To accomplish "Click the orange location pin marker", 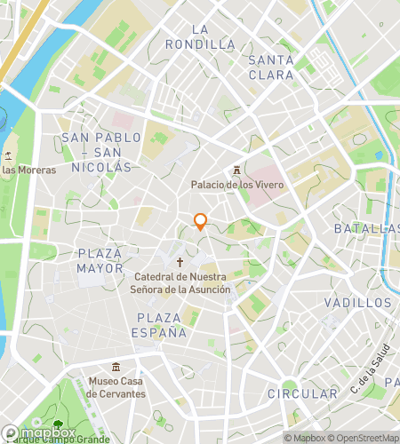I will (x=201, y=222).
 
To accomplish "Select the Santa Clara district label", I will (x=271, y=67).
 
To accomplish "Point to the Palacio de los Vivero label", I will (x=236, y=185).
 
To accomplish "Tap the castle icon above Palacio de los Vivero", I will (x=236, y=170).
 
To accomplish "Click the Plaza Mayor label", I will (x=100, y=260).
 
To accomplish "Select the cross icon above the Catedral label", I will (x=180, y=262).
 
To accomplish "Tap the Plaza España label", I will (x=162, y=325).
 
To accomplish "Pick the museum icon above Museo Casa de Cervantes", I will (x=116, y=367).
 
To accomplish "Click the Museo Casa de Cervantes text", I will (x=116, y=387).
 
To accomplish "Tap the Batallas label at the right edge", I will (x=367, y=228).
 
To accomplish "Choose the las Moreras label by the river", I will (x=28, y=170).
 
